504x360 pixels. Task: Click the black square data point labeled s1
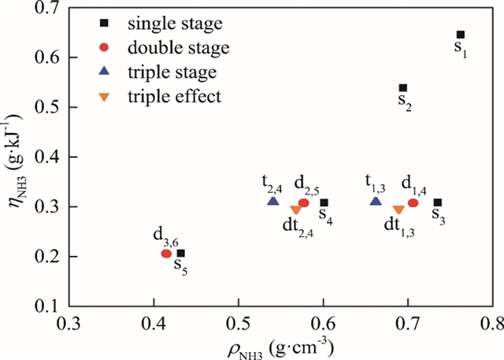(x=461, y=35)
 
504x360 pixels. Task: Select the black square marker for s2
(x=403, y=88)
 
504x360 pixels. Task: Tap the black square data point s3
(x=438, y=203)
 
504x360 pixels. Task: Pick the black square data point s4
(x=324, y=203)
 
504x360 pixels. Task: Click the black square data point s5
(x=181, y=254)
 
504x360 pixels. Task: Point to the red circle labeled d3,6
(x=167, y=254)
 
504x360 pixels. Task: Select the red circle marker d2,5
(x=304, y=203)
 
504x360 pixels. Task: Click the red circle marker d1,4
(x=413, y=203)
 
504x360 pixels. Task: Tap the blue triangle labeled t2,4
(x=273, y=202)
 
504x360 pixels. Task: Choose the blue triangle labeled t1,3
(x=376, y=202)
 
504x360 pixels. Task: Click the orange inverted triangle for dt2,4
(x=296, y=210)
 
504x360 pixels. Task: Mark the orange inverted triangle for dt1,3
(x=398, y=210)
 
